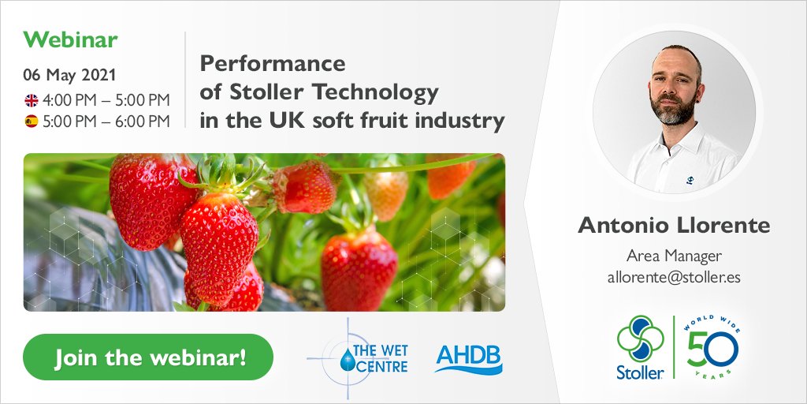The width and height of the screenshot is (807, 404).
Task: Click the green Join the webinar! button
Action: tap(149, 357)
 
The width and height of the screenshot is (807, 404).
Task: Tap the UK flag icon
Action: tap(32, 100)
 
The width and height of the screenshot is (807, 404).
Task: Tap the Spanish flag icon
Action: tap(32, 122)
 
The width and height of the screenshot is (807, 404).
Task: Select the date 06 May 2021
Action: tap(69, 76)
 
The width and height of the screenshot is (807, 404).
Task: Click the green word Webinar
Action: tap(71, 39)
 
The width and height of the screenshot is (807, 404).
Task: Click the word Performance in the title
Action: tap(273, 63)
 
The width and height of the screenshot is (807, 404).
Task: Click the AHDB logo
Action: tap(468, 358)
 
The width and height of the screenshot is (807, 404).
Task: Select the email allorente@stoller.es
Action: tap(673, 277)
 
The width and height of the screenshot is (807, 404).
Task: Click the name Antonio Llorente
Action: tap(673, 226)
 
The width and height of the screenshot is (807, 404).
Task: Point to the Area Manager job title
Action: tap(673, 256)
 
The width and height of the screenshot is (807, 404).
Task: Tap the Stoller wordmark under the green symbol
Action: tap(640, 371)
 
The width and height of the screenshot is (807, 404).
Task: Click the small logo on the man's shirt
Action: tap(690, 180)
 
